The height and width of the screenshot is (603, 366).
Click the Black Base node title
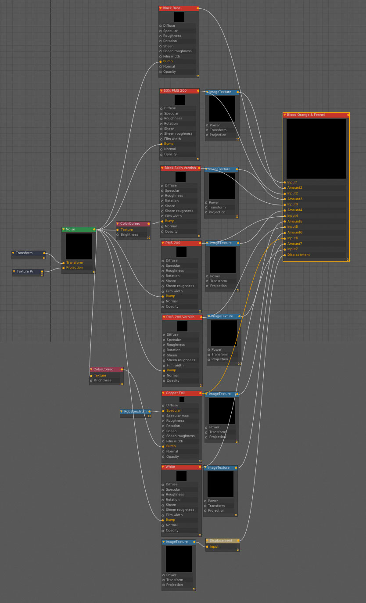(172, 8)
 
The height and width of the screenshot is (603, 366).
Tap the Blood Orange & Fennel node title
(306, 115)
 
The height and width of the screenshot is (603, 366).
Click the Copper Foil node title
(175, 393)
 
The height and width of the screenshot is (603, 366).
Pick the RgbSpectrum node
(135, 412)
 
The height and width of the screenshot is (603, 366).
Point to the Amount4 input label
(294, 210)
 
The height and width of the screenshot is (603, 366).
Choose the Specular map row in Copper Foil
(177, 416)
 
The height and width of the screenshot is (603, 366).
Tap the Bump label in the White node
(170, 520)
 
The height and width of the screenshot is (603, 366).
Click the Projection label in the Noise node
(74, 268)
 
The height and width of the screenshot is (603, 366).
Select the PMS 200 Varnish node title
(180, 317)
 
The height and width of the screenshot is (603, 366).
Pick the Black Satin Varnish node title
(180, 168)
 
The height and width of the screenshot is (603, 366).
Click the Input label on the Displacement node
(214, 547)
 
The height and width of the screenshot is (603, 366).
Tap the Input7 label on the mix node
(292, 249)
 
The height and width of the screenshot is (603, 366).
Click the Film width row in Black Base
(172, 56)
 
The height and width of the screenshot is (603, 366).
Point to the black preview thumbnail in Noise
(79, 246)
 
